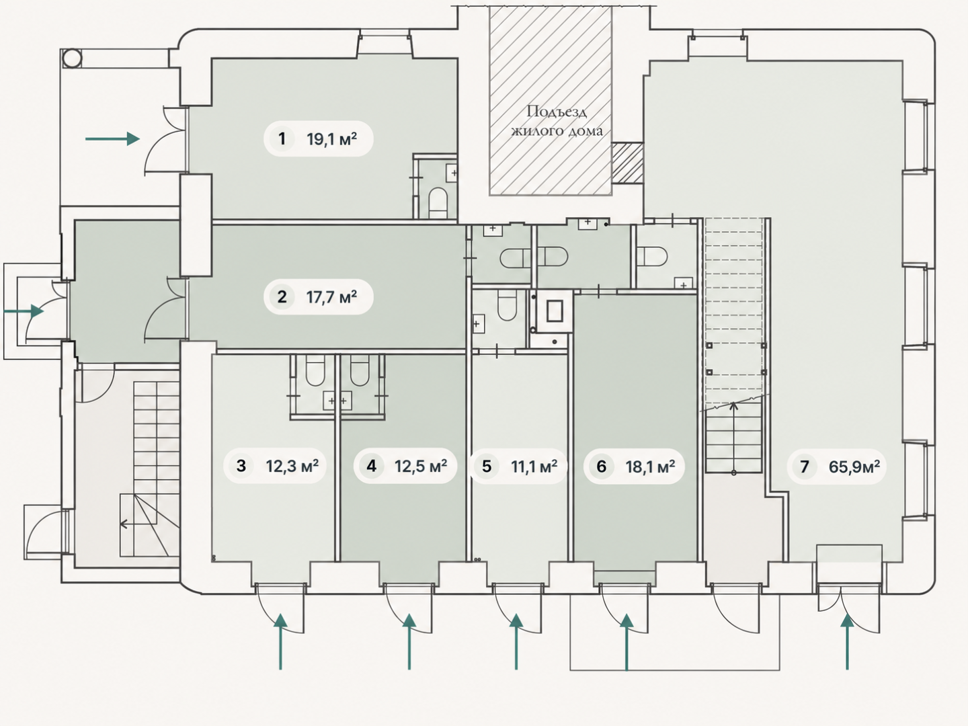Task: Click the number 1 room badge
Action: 282,139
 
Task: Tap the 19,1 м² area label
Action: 331,139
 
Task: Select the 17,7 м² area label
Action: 331,297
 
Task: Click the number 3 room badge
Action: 241,466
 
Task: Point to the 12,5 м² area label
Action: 421,466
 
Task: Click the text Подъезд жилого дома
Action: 557,121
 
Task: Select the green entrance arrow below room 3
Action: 280,642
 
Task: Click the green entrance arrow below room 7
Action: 847,642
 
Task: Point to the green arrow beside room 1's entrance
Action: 112,139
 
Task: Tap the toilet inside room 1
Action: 438,202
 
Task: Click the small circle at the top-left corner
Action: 72,58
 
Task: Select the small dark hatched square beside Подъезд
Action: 628,163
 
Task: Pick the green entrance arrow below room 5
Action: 516,642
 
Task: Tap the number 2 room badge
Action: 282,296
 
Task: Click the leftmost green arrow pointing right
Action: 24,311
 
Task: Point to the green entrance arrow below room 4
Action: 409,642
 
